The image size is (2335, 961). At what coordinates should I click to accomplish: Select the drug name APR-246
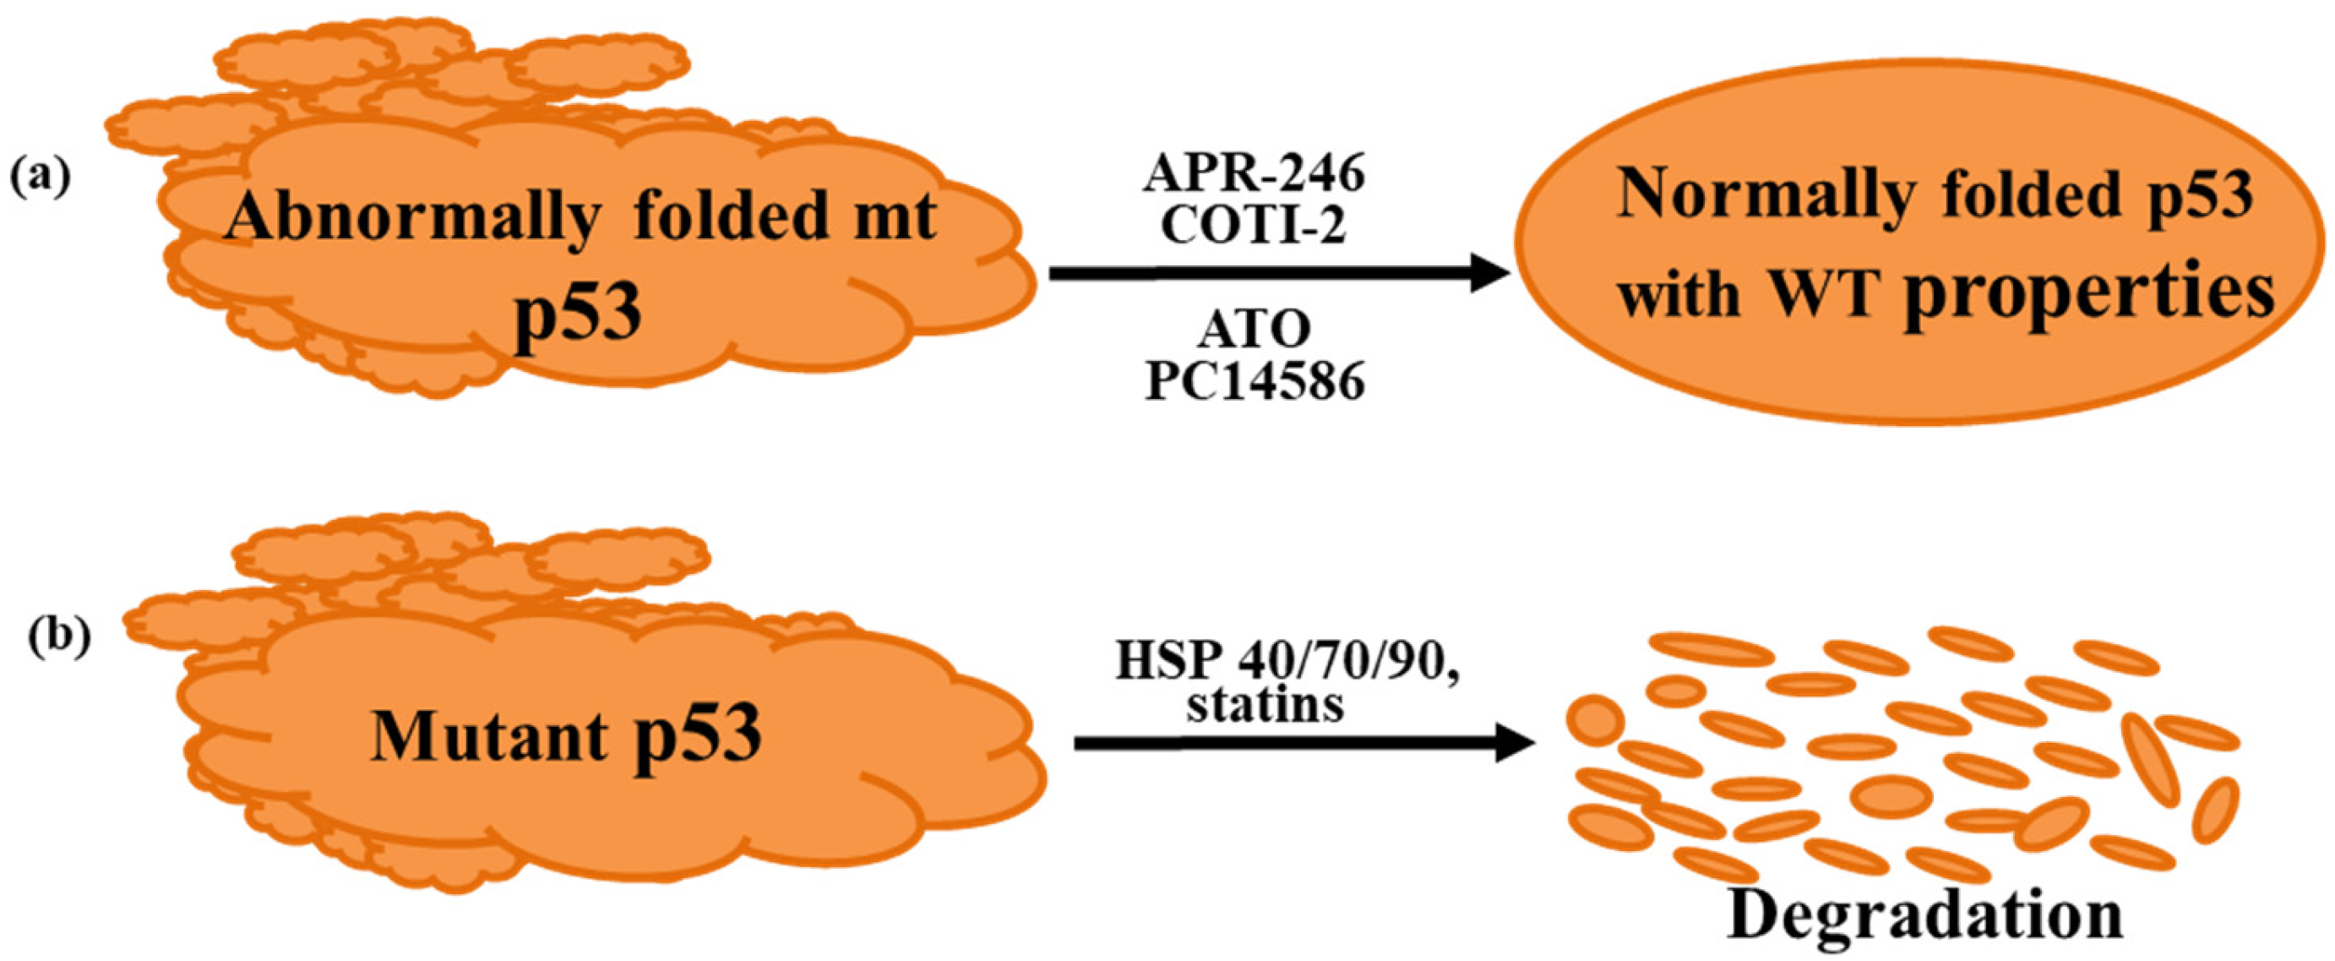coord(1255,173)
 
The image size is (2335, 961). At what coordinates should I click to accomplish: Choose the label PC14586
coord(1255,382)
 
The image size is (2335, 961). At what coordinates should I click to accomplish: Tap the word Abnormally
coord(413,219)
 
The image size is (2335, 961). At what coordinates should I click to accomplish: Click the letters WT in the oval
coord(1822,295)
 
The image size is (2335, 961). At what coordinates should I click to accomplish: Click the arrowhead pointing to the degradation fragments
coord(1514,745)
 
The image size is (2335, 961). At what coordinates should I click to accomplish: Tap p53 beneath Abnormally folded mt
coord(580,314)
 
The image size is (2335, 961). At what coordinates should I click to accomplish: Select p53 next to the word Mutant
coord(697,735)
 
